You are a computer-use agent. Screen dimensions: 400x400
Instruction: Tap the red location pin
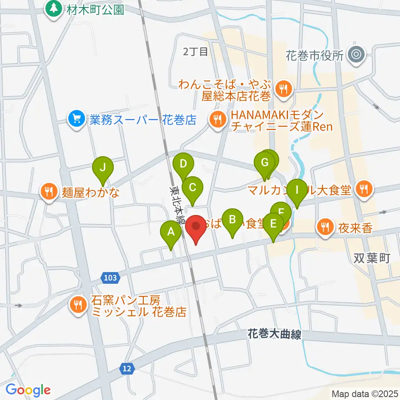point(196,228)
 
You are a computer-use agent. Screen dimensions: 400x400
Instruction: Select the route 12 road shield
point(127,368)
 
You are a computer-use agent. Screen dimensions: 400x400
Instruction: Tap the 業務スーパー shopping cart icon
point(76,120)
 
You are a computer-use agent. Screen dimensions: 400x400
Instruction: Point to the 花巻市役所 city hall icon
point(356,55)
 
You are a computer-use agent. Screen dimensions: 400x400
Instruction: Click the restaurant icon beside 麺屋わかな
point(49,192)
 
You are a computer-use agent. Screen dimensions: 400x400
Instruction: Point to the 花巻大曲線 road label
point(274,334)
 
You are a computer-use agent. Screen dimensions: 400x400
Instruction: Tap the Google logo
point(28,390)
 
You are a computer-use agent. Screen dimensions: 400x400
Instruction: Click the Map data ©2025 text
point(365,394)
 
